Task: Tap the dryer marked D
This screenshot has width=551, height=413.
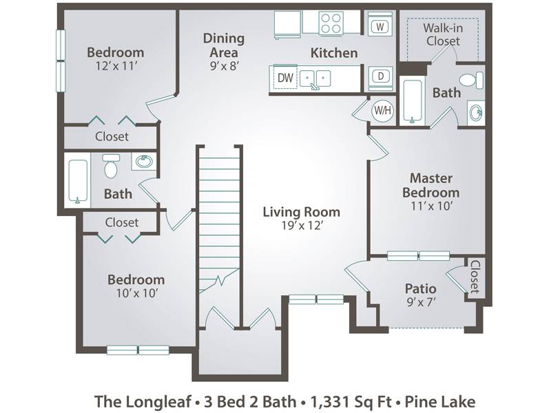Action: click(381, 76)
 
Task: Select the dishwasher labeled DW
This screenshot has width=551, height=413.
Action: click(285, 77)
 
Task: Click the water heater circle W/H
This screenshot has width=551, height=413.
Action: click(382, 111)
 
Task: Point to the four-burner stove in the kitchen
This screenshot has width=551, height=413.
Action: click(331, 23)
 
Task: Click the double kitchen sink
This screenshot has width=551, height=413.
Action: click(315, 78)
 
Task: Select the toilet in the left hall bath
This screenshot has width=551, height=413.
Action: click(111, 167)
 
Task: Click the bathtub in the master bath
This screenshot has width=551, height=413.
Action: click(413, 101)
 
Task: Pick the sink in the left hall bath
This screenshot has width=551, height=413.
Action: click(144, 162)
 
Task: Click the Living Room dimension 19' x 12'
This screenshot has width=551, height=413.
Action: click(302, 226)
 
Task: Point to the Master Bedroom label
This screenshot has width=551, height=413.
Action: click(431, 185)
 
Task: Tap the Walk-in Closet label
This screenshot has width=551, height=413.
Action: click(443, 34)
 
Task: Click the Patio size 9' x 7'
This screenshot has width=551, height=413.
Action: click(421, 301)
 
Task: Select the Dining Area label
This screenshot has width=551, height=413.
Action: click(224, 45)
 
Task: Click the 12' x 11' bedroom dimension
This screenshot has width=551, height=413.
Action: click(116, 65)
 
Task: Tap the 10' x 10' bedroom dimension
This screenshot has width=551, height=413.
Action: click(136, 293)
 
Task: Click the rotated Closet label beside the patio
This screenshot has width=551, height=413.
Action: click(475, 277)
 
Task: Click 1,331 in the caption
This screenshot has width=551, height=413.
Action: click(325, 402)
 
